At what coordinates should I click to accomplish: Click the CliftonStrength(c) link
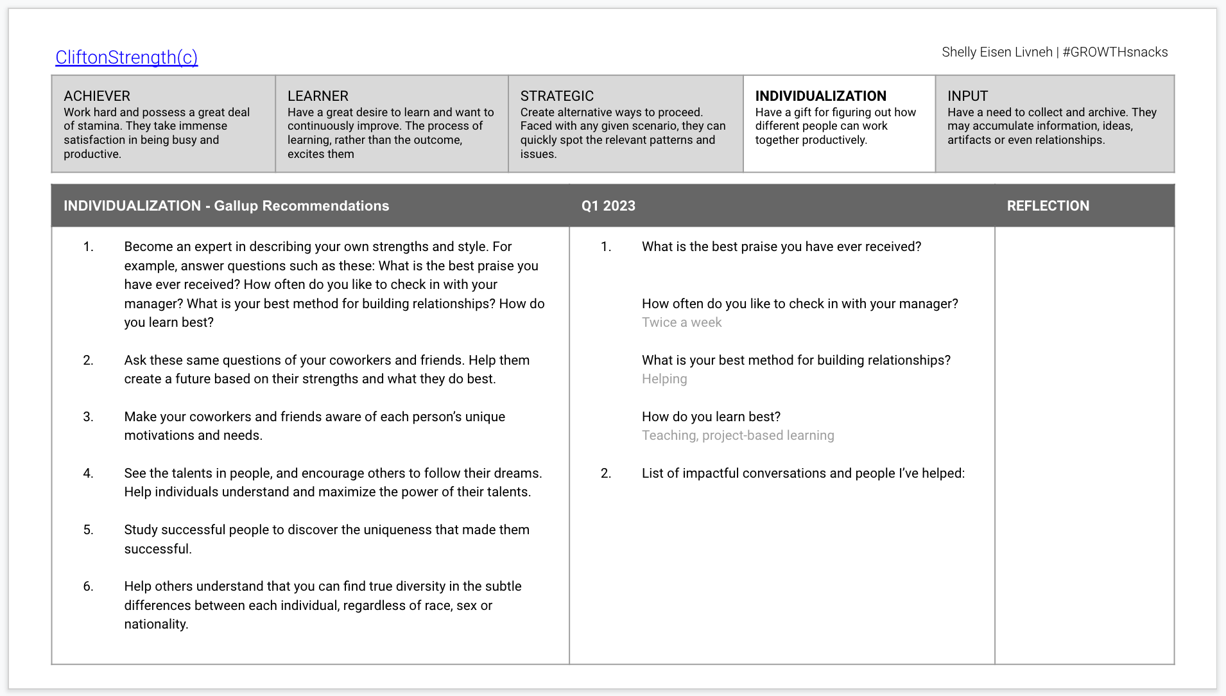pos(126,57)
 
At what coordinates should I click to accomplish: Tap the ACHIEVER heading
pos(97,96)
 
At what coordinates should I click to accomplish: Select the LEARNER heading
pos(318,96)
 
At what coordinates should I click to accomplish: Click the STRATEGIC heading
pos(557,96)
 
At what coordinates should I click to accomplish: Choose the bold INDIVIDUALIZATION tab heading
pos(820,96)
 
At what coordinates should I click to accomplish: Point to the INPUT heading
pos(967,96)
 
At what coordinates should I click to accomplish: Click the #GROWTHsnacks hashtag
pos(1115,52)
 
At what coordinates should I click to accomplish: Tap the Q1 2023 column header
pos(608,206)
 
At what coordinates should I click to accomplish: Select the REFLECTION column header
pos(1048,206)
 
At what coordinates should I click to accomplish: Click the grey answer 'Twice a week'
pos(682,322)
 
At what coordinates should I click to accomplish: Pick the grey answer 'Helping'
pos(664,379)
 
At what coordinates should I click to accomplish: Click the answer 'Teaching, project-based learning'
pos(738,435)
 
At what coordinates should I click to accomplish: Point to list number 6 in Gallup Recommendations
pos(88,586)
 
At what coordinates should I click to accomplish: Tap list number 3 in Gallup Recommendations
pos(88,417)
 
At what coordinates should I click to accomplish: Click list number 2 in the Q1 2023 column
pos(605,473)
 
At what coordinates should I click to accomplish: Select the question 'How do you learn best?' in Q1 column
pos(711,417)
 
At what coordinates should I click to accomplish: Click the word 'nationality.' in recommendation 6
pos(156,624)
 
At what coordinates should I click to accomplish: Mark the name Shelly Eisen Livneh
pos(997,52)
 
